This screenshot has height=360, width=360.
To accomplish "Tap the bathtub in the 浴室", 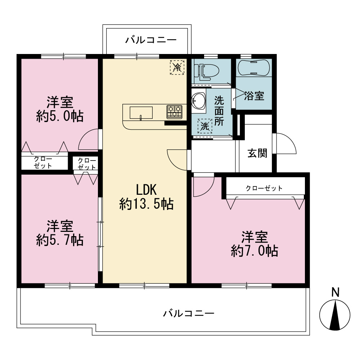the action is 254,68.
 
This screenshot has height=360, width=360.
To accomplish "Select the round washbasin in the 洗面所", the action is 198,101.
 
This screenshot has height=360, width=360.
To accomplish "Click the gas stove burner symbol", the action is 175,112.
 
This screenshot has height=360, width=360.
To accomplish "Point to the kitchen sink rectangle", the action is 141,113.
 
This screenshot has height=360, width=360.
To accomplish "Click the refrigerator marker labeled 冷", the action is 177,67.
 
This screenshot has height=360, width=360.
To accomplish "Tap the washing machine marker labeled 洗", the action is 205,126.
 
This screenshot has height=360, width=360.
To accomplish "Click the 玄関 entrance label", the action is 257,153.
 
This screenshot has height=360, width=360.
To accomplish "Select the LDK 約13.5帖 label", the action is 146,197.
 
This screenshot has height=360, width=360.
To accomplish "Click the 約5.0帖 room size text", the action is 60,116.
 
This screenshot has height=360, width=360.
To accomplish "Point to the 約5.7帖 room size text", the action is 60,240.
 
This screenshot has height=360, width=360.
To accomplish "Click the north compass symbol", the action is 335,315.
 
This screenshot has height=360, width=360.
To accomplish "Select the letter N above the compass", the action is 336,292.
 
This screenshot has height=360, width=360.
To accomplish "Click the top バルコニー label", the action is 151,40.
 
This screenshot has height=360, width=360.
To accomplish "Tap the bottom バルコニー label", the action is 189,313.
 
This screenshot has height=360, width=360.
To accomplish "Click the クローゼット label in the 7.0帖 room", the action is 264,188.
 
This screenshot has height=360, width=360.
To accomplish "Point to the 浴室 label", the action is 254,96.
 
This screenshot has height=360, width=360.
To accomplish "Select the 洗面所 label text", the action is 219,111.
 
